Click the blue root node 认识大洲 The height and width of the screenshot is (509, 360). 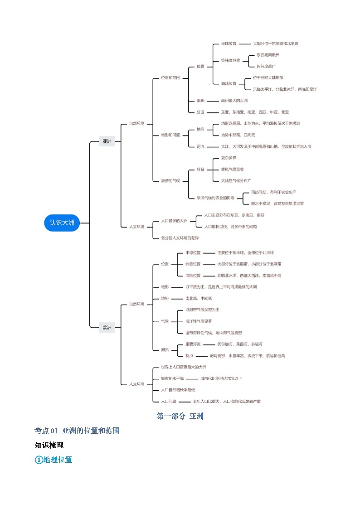(x=62, y=223)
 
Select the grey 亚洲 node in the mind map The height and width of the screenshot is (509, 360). (x=107, y=141)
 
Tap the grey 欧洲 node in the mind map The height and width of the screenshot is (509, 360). (x=107, y=327)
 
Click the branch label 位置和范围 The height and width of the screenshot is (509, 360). (x=170, y=78)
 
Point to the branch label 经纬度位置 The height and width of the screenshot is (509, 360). (x=230, y=60)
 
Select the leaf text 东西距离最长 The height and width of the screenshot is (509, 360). (x=268, y=55)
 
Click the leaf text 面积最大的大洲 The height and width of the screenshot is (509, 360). (x=234, y=101)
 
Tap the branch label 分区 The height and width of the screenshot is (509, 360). (x=200, y=112)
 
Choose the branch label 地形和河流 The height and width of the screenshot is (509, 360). (x=170, y=135)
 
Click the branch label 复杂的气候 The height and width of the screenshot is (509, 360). (x=170, y=180)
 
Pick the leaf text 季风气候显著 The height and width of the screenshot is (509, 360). (x=232, y=169)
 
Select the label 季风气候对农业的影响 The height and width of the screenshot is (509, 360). (x=215, y=198)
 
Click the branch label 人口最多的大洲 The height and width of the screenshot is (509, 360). (x=174, y=221)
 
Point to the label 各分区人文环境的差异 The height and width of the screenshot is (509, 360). (x=180, y=238)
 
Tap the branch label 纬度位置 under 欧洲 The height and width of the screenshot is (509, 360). (x=193, y=264)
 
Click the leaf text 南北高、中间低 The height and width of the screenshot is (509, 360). (x=199, y=298)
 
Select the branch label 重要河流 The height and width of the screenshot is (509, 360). (x=193, y=344)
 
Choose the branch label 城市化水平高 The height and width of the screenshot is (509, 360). (x=172, y=378)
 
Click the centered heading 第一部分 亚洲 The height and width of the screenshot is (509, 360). (x=180, y=416)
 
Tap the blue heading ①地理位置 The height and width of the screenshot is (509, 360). (x=54, y=460)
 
